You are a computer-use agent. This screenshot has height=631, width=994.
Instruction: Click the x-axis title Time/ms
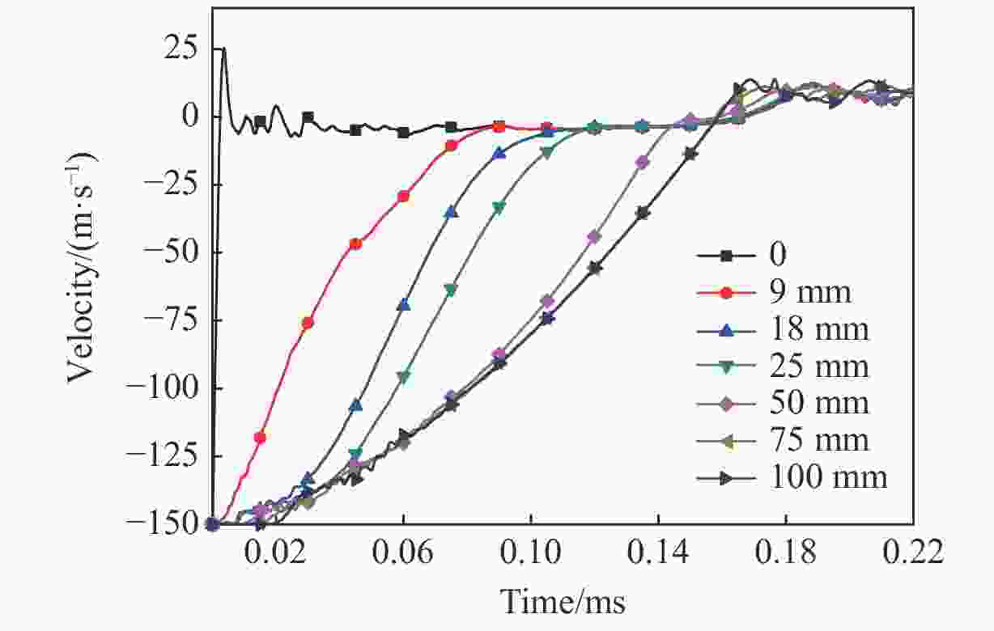pos(563,602)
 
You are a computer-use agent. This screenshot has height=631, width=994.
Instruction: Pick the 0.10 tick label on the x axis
pos(531,555)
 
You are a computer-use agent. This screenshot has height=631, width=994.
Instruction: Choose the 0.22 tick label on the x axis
pos(913,555)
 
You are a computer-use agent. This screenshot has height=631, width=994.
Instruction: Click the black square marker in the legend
pos(726,256)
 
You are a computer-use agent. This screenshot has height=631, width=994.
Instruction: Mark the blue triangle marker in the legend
pos(726,330)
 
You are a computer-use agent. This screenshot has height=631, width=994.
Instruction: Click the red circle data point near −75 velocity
pos(308,323)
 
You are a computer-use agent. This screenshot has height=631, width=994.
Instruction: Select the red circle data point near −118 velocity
pos(260,438)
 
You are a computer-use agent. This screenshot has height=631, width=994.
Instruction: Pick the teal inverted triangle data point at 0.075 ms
pos(451,290)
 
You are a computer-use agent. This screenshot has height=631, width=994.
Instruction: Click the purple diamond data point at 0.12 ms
pos(594,237)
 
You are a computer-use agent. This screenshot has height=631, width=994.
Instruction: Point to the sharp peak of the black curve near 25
pos(223,49)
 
